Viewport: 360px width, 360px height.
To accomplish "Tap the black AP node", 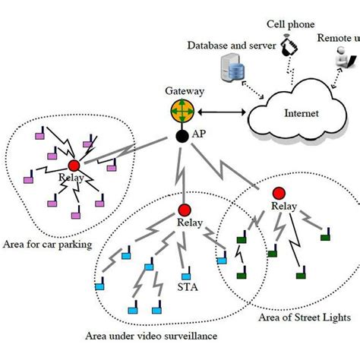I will coord(182,136).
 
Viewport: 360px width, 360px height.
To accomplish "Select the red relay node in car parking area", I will coord(74,166).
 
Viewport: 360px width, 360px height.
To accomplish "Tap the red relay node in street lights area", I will coord(279,192).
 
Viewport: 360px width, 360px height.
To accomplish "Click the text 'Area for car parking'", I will coord(46,244).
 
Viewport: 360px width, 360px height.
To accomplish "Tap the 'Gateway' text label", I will coord(185,90).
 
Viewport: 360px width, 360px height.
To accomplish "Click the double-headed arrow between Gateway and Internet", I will coord(221,114).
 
